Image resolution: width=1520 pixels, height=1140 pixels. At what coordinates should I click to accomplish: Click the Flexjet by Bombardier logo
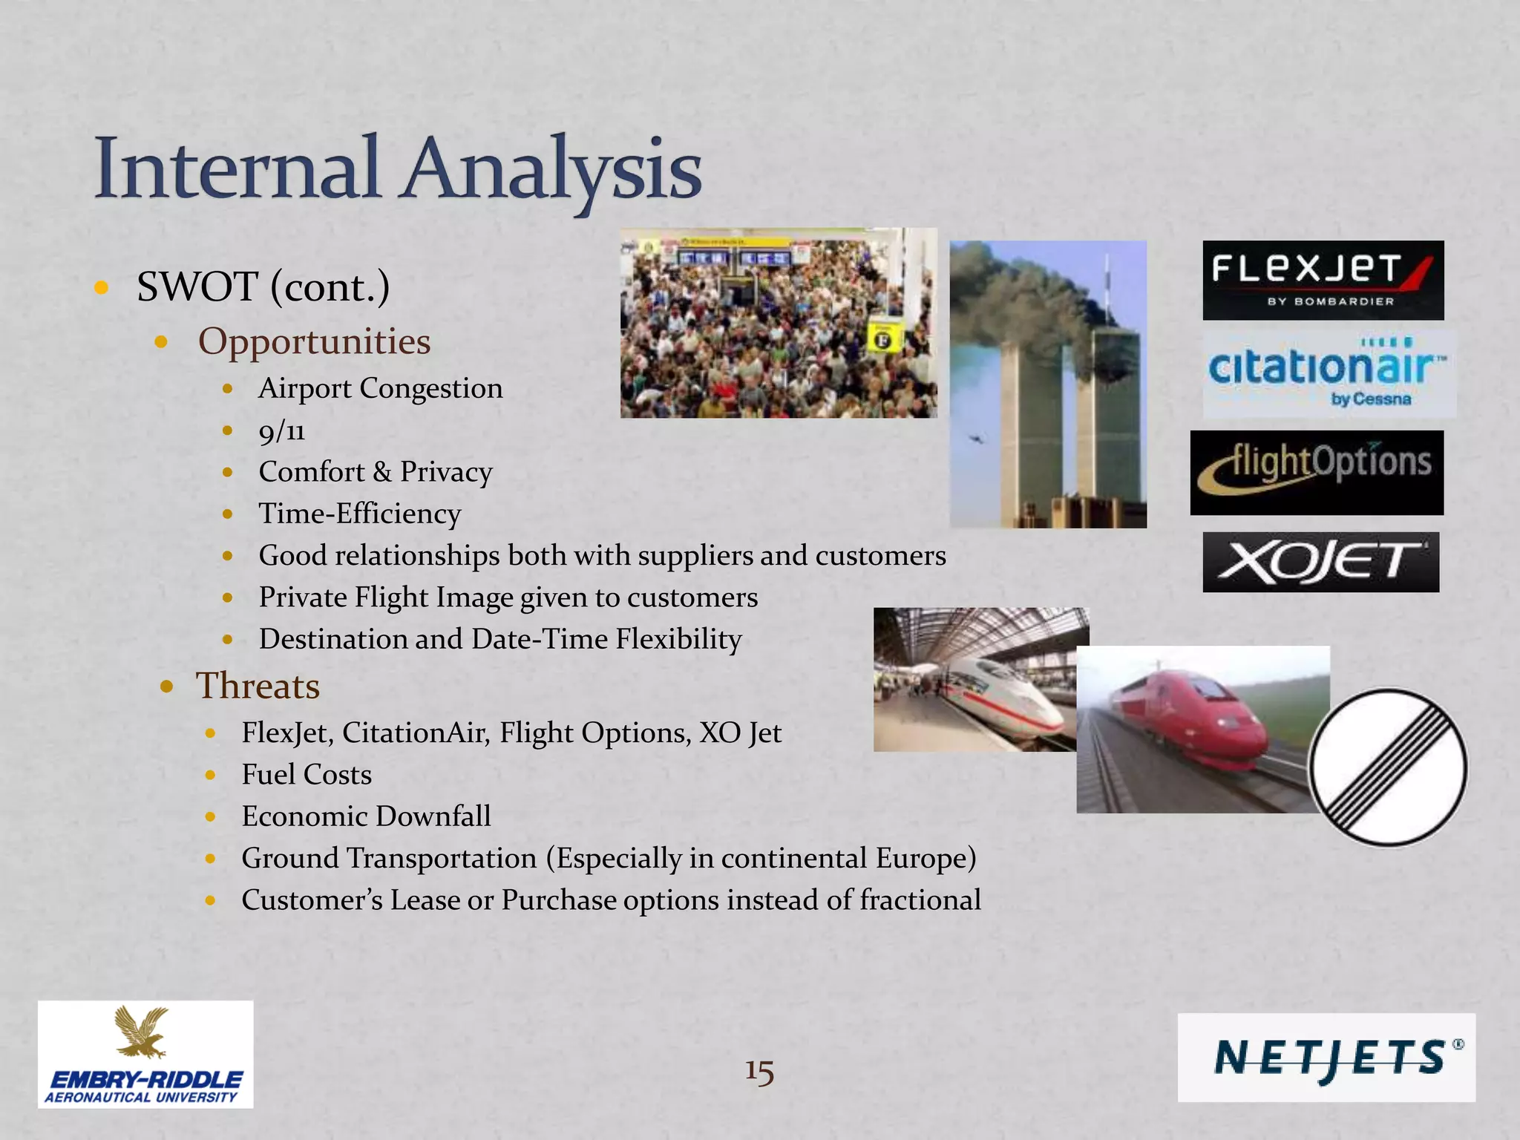tap(1323, 280)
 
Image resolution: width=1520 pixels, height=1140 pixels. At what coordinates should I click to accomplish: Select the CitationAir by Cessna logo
tap(1329, 373)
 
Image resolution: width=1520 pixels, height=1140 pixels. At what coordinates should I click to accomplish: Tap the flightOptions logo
tap(1317, 472)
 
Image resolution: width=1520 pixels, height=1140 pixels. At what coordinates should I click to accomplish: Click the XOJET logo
tap(1320, 562)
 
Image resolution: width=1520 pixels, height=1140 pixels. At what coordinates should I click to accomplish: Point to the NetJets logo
tap(1326, 1057)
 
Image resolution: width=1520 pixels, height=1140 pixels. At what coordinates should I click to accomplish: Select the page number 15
tap(759, 1072)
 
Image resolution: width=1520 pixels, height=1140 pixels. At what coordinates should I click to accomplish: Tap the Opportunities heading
tap(314, 341)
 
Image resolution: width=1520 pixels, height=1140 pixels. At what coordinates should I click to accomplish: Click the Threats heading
tap(258, 686)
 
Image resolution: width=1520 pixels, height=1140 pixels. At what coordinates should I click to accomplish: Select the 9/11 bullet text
tap(282, 430)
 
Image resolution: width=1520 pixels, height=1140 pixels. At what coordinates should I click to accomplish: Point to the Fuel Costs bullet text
tap(307, 775)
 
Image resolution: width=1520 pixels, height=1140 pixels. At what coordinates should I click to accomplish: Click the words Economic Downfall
tap(366, 816)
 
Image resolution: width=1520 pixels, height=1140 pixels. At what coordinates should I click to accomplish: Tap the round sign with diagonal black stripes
tap(1387, 767)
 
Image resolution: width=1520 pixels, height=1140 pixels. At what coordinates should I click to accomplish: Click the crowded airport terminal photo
tap(778, 323)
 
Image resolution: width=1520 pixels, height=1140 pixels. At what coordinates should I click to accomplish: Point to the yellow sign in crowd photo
tap(883, 338)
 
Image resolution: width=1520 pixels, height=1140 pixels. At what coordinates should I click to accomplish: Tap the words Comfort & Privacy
tap(375, 472)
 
